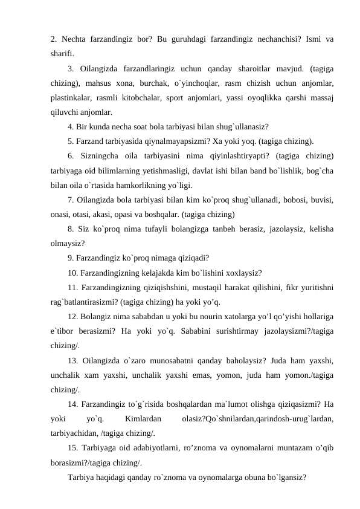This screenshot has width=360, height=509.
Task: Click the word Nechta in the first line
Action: coord(76,40)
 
